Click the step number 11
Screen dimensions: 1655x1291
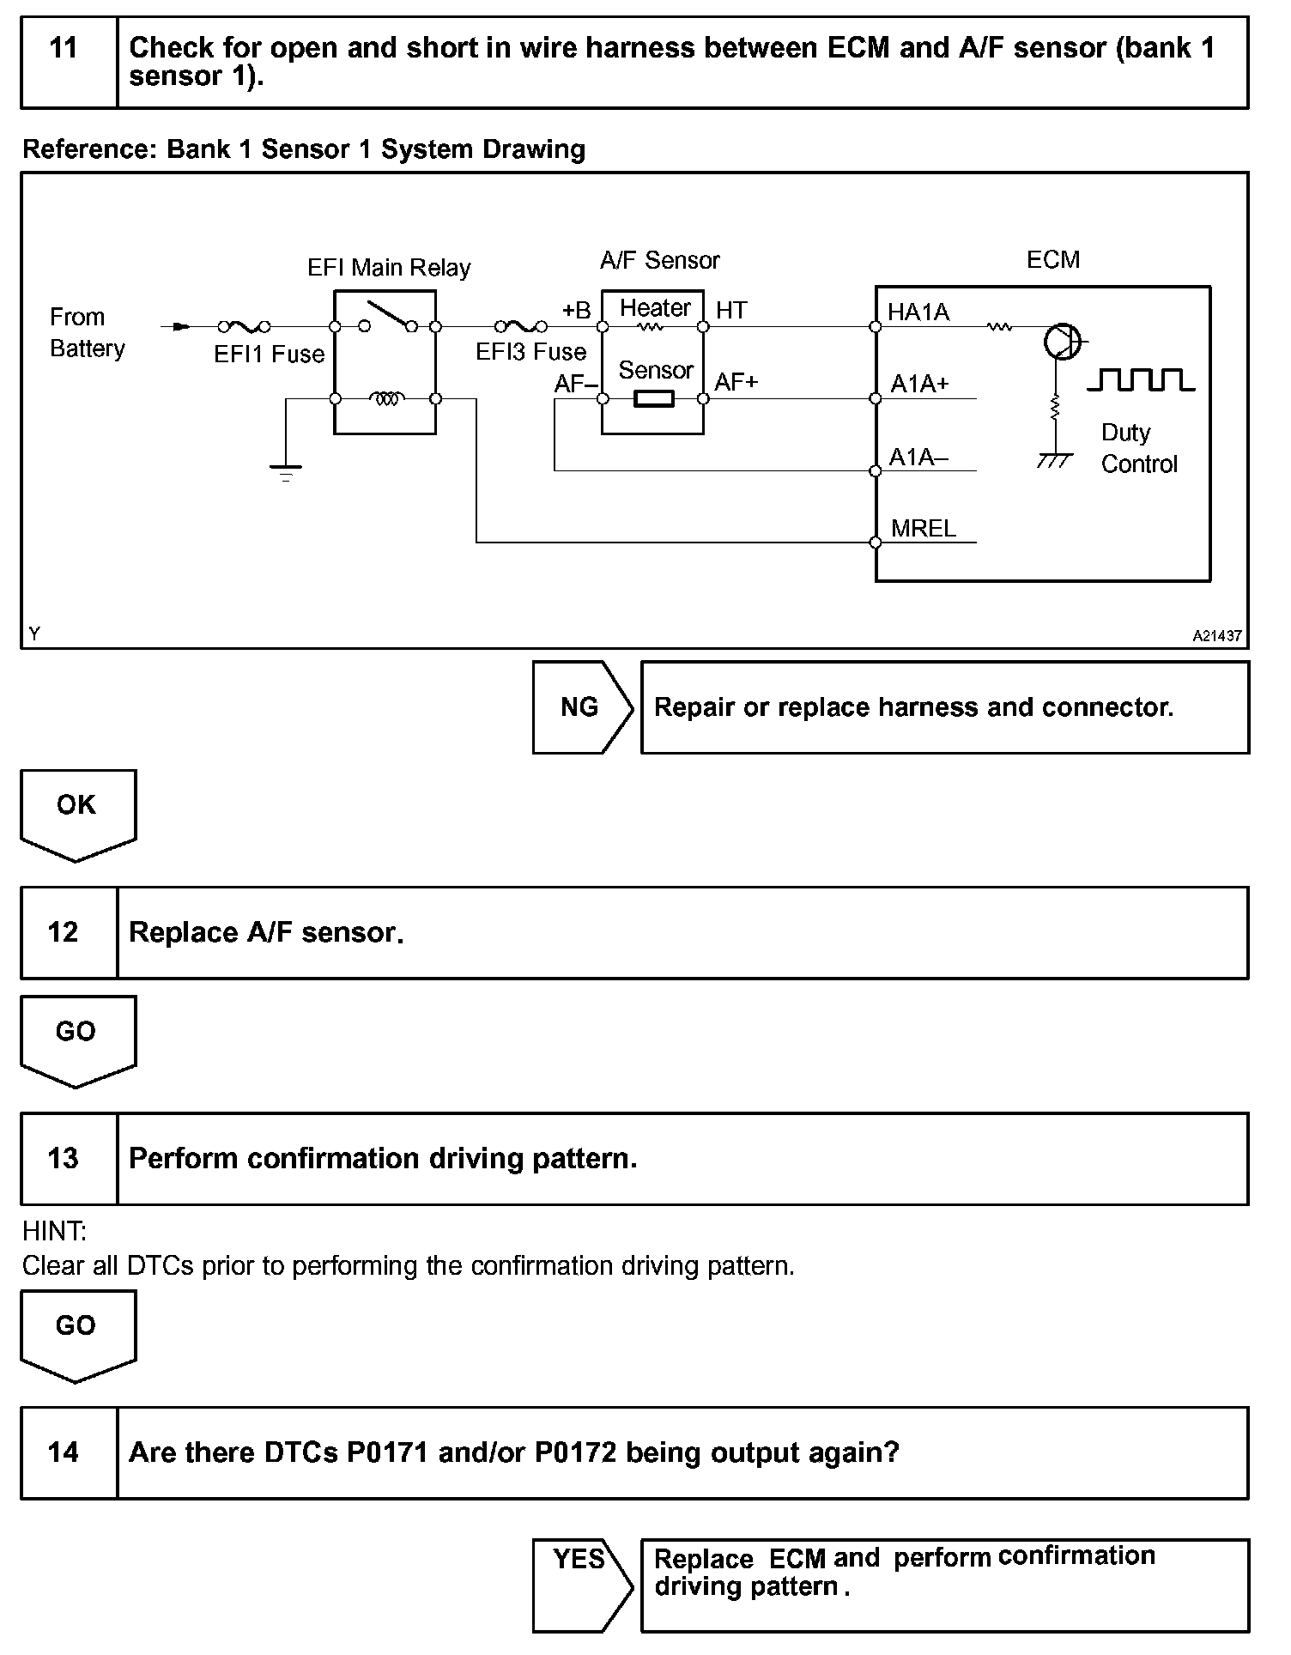pyautogui.click(x=64, y=48)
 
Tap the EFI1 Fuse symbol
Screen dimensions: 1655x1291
pyautogui.click(x=244, y=326)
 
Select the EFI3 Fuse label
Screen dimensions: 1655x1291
pyautogui.click(x=531, y=352)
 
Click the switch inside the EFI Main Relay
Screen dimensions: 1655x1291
pyautogui.click(x=388, y=315)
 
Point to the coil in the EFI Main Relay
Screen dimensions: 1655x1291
pyautogui.click(x=385, y=398)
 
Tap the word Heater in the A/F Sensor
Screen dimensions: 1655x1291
pyautogui.click(x=655, y=308)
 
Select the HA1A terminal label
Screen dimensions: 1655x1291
pyautogui.click(x=918, y=312)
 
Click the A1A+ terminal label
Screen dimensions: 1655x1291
pyautogui.click(x=919, y=384)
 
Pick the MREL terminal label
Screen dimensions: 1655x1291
pyautogui.click(x=924, y=529)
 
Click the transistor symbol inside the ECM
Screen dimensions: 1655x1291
pyautogui.click(x=1062, y=342)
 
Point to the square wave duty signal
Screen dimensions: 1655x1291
pyautogui.click(x=1141, y=379)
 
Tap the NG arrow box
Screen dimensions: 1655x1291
pyautogui.click(x=581, y=707)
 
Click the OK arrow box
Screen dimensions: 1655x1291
pyautogui.click(x=76, y=810)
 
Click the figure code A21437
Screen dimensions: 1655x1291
pyautogui.click(x=1216, y=636)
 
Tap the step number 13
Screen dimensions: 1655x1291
pyautogui.click(x=64, y=1158)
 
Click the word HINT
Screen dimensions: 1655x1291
pyautogui.click(x=54, y=1232)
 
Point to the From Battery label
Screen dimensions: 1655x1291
pyautogui.click(x=87, y=333)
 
